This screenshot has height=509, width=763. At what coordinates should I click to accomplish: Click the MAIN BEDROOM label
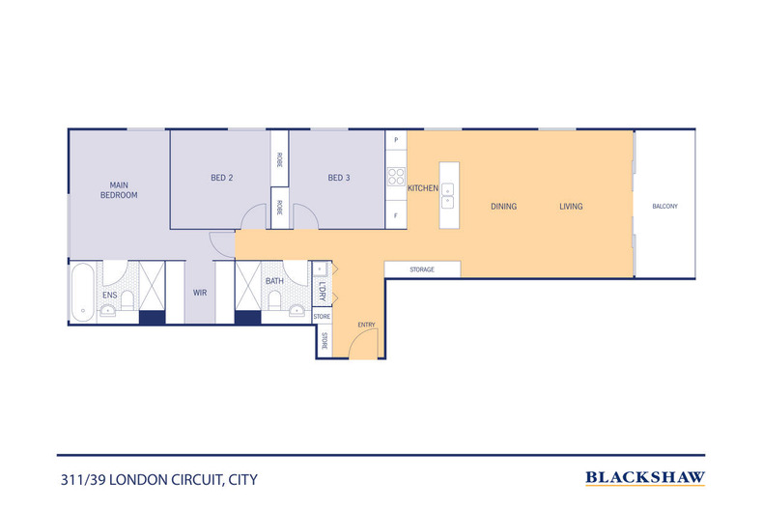click(x=119, y=189)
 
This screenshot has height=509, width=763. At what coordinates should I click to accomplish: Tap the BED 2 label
click(x=222, y=178)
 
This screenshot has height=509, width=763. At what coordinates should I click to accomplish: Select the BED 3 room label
click(x=339, y=178)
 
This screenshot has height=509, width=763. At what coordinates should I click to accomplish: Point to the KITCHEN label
click(x=423, y=187)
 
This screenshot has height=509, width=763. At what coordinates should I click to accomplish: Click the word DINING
click(x=503, y=207)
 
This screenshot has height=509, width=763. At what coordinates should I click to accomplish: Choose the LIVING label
click(x=571, y=207)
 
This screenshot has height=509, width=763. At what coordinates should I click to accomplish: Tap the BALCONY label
click(x=664, y=207)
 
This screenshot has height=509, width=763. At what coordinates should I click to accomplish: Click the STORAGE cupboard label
click(x=422, y=269)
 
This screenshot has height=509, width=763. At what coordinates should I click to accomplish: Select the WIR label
click(x=200, y=293)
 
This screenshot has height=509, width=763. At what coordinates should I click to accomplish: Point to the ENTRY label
click(x=366, y=325)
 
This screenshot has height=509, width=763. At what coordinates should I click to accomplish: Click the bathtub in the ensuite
click(x=83, y=292)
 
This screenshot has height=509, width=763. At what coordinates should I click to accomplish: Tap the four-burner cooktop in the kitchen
click(x=396, y=177)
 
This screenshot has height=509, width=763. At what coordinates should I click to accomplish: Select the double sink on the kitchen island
click(x=448, y=196)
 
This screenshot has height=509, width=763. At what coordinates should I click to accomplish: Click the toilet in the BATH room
click(x=274, y=299)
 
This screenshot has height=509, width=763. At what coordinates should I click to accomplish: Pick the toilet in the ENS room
click(x=127, y=300)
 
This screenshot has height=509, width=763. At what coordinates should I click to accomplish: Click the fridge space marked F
click(x=396, y=214)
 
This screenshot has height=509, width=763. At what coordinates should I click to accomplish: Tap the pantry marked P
click(x=396, y=140)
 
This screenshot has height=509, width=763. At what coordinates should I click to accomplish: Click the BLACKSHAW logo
click(x=645, y=478)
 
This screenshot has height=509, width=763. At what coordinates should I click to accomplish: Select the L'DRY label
click(x=323, y=291)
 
